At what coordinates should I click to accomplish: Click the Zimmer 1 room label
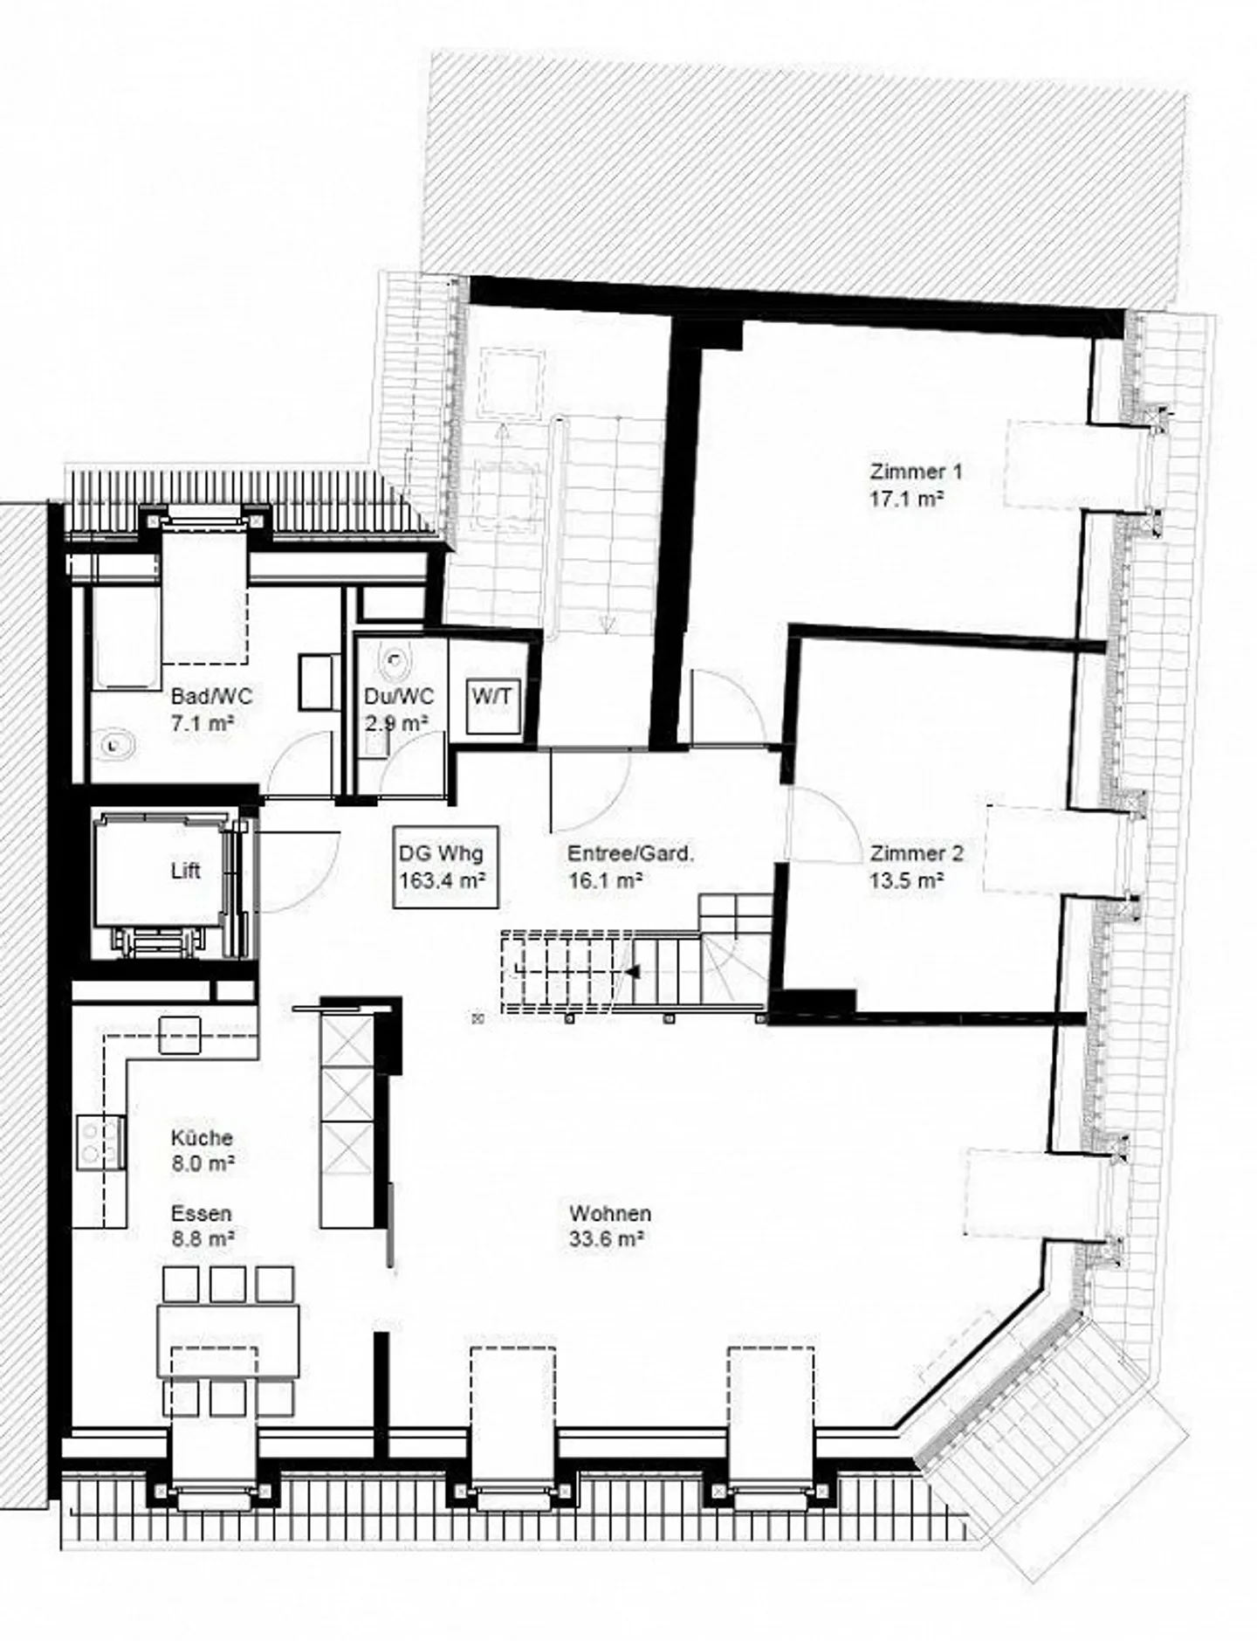pos(916,472)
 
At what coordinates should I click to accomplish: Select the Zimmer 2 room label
pos(917,853)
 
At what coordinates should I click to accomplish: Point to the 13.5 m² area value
pos(906,880)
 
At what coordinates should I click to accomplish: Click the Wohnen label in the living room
pos(610,1213)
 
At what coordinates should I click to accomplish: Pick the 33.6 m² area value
pos(607,1239)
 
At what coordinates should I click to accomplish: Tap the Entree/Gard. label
pos(630,853)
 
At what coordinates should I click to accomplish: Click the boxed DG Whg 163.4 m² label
pos(446,866)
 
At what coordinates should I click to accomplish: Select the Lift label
pos(185,871)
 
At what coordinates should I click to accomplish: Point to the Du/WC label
pos(398,697)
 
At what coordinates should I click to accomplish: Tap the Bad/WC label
pos(211,696)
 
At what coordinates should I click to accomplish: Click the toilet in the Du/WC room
pos(398,664)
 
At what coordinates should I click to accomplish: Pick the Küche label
pos(202,1138)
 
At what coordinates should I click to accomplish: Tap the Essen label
pos(202,1213)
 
